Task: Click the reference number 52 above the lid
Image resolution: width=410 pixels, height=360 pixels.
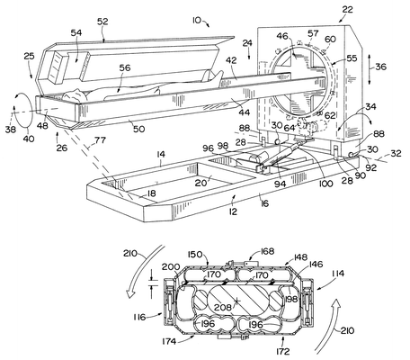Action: (102, 22)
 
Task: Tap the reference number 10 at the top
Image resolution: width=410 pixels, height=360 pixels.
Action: (197, 20)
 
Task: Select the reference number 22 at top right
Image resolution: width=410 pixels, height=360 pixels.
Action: (347, 10)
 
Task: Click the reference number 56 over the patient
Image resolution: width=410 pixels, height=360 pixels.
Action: (125, 67)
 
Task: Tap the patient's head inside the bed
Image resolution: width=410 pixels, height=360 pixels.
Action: (75, 95)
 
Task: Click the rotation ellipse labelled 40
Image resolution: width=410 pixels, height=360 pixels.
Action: (22, 110)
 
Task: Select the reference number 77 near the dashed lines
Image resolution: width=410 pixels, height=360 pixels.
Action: (100, 139)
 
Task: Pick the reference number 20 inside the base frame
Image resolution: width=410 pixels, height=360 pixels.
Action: (201, 183)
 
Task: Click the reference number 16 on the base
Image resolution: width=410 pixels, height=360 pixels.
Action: (264, 203)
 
